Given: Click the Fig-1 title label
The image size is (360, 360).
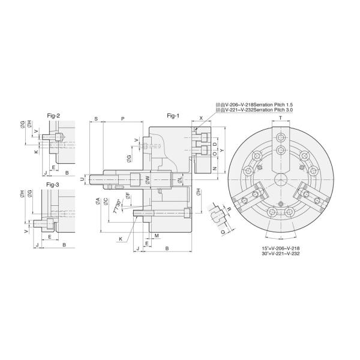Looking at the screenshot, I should point(173,115).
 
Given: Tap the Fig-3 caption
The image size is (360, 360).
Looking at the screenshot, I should point(53,184).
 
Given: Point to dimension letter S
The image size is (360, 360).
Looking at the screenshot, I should point(96,119).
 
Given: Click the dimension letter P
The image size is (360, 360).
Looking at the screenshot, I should point(123,119).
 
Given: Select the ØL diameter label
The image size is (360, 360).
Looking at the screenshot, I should point(181,179).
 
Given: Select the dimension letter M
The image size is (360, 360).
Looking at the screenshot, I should point(156,236).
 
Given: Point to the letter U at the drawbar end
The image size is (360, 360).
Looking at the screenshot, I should point(82,179).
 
